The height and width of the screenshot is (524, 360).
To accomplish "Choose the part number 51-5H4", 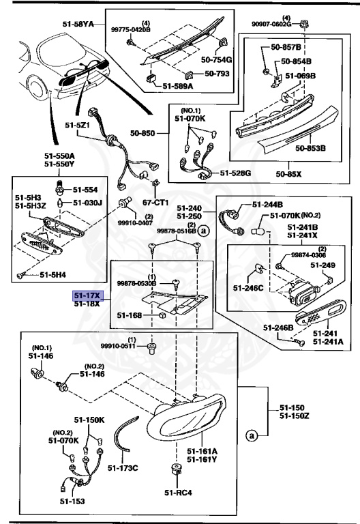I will tap(52, 275).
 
